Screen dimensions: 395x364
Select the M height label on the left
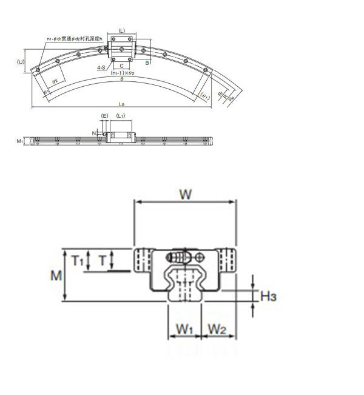click(56, 275)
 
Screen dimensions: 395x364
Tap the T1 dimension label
click(77, 261)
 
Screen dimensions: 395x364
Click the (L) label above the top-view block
click(122, 30)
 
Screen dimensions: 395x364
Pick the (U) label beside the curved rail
click(21, 62)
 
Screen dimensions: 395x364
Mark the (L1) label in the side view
click(120, 115)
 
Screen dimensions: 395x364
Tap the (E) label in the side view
click(104, 115)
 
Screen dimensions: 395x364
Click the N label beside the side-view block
click(94, 131)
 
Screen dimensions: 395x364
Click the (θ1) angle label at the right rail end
click(205, 96)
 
